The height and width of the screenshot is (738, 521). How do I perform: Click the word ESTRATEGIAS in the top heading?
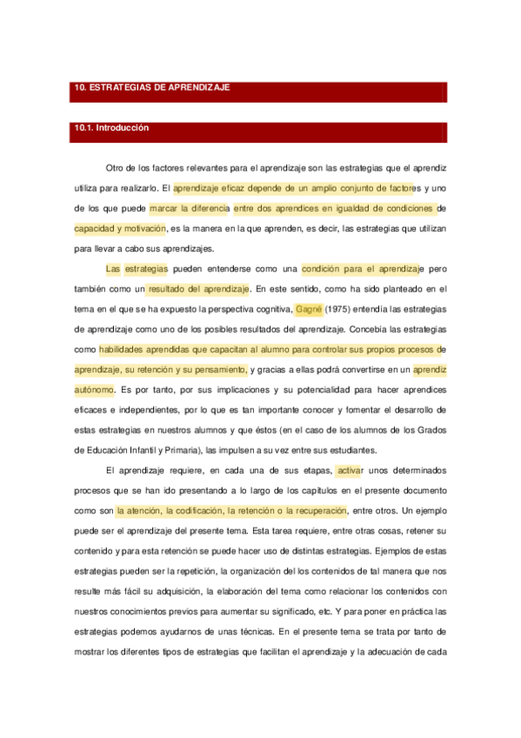[x=118, y=88]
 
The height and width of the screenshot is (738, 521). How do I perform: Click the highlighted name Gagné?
[x=310, y=308]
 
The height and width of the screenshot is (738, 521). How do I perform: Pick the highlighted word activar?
[x=349, y=470]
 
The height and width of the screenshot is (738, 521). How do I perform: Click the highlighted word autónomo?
[x=95, y=389]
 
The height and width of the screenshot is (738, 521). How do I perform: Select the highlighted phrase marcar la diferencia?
[x=190, y=208]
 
